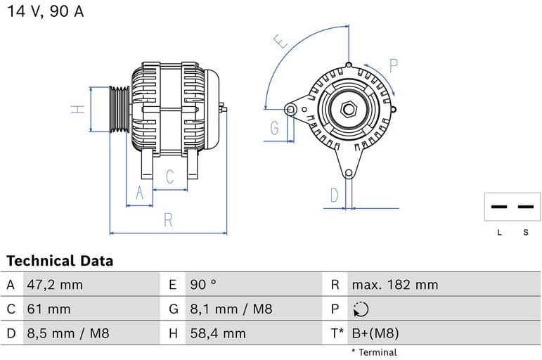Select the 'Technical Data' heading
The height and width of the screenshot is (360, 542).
tap(60, 261)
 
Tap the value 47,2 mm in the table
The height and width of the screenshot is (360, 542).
tap(55, 285)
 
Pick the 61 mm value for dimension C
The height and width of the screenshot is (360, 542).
tap(49, 309)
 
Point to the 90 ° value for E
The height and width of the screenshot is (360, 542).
tap(204, 285)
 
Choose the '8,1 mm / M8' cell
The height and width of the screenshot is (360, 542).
tap(231, 309)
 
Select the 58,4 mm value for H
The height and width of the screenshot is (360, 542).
tap(218, 333)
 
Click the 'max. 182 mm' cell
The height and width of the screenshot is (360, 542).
tap(394, 285)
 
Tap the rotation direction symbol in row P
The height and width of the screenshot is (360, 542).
tap(361, 309)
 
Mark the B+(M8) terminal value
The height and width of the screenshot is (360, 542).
tap(375, 333)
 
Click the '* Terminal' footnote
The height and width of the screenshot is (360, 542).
tap(374, 352)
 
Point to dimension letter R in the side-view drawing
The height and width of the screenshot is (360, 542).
tap(168, 219)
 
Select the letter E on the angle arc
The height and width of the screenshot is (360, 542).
tap(283, 42)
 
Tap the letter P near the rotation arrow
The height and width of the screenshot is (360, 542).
tap(394, 66)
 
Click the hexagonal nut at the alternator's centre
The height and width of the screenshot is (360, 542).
tap(349, 110)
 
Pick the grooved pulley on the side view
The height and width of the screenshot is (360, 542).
tap(120, 109)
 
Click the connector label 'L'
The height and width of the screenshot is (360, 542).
tap(500, 233)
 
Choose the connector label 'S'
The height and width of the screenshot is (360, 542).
tap(525, 233)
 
